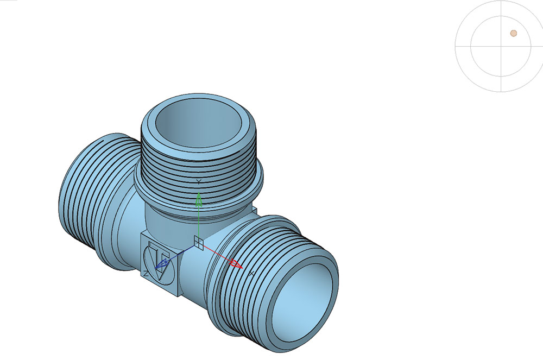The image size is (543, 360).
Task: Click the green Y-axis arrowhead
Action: click(x=199, y=200)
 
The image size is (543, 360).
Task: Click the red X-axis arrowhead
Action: click(x=237, y=264)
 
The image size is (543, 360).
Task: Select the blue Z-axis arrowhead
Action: click(x=162, y=264)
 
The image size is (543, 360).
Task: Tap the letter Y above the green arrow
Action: click(x=199, y=182)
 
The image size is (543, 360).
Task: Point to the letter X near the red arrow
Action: click(x=252, y=274)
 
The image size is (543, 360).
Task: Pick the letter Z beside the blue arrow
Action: click(x=146, y=274)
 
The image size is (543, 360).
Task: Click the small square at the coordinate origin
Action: click(x=198, y=243)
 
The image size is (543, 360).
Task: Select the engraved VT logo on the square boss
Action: click(x=158, y=262)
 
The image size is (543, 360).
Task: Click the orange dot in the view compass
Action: click(x=514, y=33)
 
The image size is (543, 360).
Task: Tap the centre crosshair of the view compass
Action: click(x=501, y=46)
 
